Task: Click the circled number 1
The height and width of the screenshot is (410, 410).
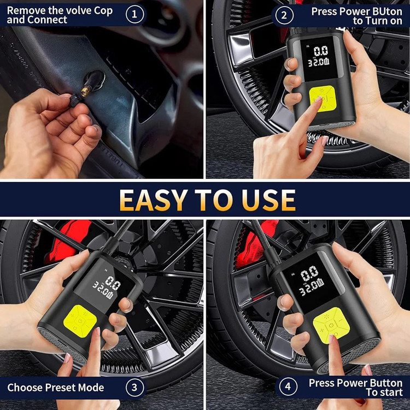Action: tap(134, 14)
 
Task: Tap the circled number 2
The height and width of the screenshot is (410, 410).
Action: tap(284, 15)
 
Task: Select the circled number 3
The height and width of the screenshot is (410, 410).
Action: tap(134, 387)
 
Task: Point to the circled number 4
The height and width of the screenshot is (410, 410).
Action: tap(288, 386)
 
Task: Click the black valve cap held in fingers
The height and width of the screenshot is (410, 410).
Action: tap(75, 101)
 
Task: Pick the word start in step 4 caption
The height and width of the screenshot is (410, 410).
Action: tap(390, 392)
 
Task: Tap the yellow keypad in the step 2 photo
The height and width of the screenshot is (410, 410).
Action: tap(323, 98)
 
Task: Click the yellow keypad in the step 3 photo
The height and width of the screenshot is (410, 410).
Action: tap(80, 321)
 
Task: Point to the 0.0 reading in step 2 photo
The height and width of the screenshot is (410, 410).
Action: tap(320, 51)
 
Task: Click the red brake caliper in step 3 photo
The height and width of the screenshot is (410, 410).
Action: tap(70, 241)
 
